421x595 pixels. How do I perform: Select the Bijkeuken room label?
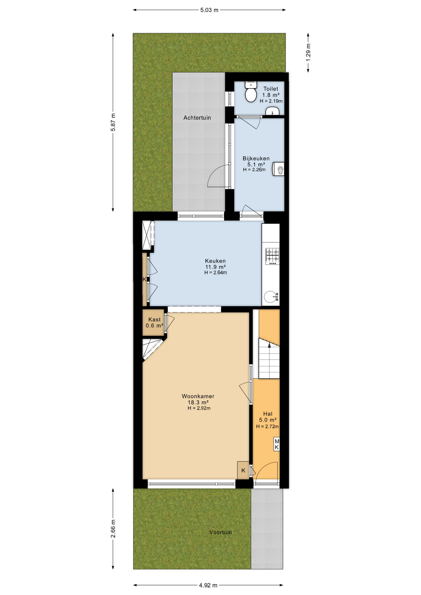tap(256, 158)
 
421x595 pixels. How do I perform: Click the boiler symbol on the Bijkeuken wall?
tap(278, 169)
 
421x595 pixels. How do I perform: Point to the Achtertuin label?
tap(197, 118)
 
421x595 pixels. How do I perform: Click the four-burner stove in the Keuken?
tap(272, 257)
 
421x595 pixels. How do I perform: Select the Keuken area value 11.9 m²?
tap(215, 267)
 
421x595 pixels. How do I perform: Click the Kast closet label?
tap(154, 320)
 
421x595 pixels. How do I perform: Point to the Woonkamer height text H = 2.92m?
tap(199, 408)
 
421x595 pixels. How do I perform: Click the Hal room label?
tap(268, 414)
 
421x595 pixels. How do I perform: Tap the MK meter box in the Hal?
tap(277, 444)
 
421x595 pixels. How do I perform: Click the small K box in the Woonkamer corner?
tap(243, 470)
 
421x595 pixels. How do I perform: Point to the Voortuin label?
tap(220, 532)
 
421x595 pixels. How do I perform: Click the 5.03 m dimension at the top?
tap(209, 10)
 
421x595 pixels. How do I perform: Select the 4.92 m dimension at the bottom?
tap(208, 585)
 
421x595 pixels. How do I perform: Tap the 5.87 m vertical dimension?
tap(113, 122)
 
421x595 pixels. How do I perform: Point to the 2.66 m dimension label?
tap(113, 529)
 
